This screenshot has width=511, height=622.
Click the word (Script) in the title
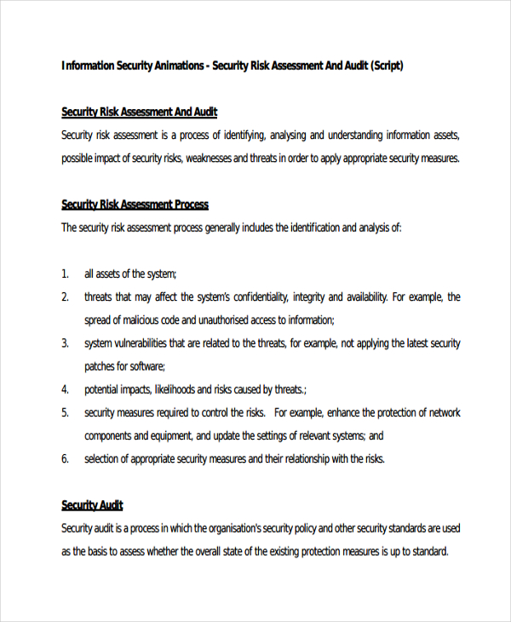coord(387,66)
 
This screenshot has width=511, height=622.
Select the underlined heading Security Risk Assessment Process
coord(135,204)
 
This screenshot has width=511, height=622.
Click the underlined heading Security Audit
coord(93,505)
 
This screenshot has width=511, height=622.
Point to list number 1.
coord(65,274)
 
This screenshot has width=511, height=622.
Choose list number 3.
coord(65,343)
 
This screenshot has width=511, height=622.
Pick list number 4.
coord(65,389)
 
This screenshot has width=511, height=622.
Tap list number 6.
coord(65,458)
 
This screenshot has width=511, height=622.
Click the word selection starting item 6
coord(103,458)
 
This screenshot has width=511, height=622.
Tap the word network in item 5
coord(442,412)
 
